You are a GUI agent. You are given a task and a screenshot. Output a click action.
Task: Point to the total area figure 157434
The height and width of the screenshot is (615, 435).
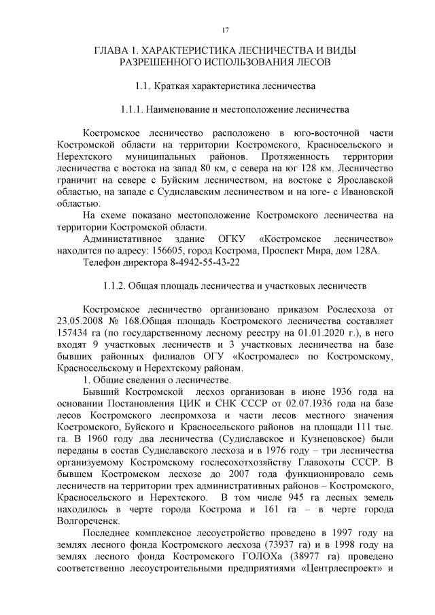click(73, 334)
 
